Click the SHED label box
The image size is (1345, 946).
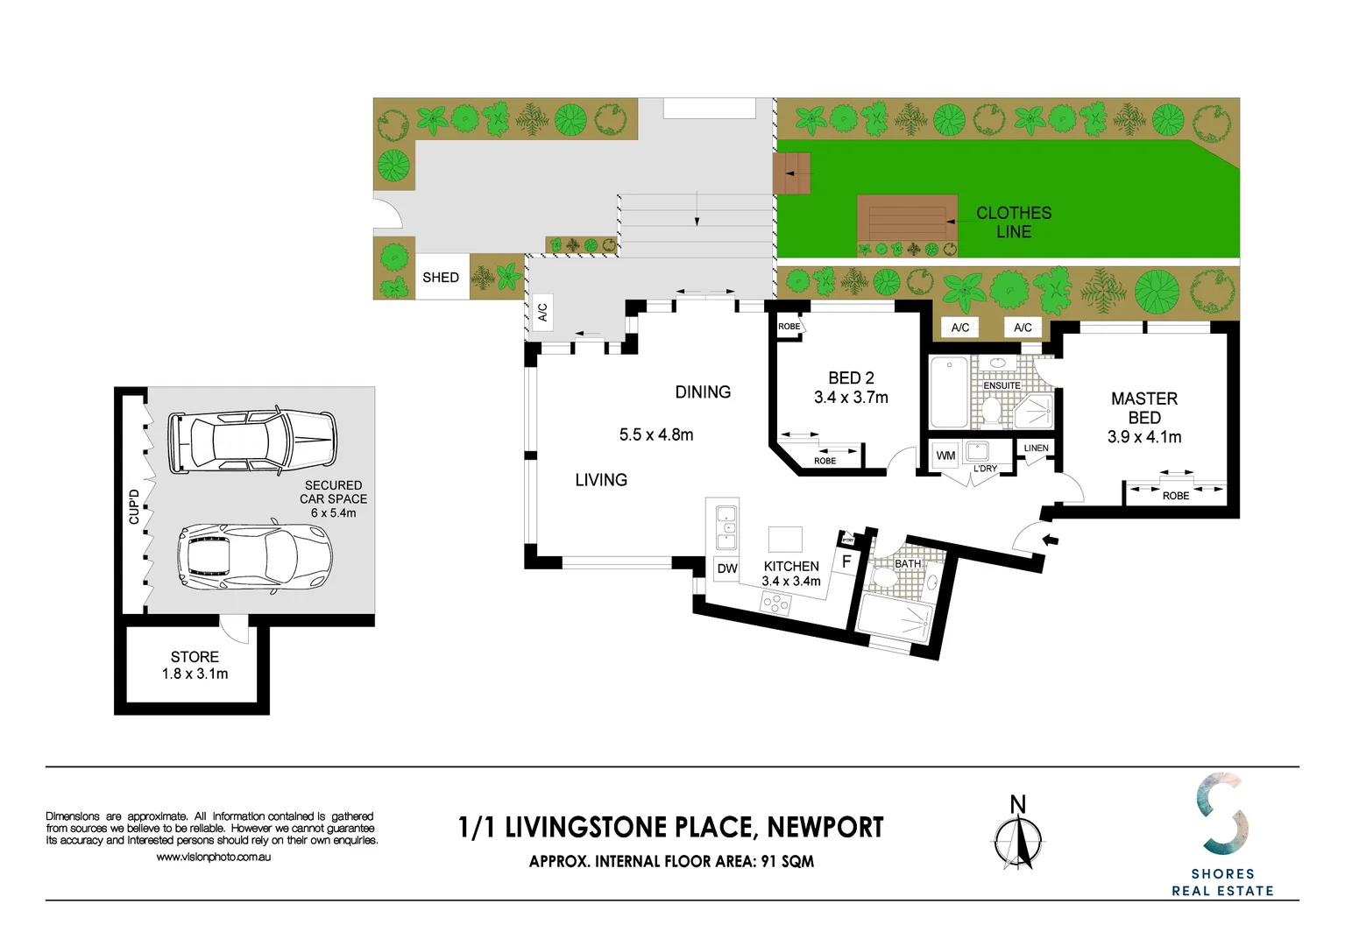click(x=441, y=278)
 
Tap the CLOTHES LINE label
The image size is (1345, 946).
click(x=1014, y=222)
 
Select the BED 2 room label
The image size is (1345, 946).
click(x=851, y=378)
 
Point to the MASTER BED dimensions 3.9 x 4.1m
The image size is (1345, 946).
click(x=1144, y=437)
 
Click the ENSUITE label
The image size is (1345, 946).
click(x=1002, y=385)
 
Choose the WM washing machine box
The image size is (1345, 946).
click(x=945, y=455)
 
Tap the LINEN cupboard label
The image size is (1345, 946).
click(x=1036, y=448)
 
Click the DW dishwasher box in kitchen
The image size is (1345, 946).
click(x=727, y=568)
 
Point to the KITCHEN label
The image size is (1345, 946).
click(x=791, y=567)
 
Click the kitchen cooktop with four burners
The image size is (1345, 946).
click(x=776, y=603)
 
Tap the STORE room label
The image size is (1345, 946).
click(x=195, y=657)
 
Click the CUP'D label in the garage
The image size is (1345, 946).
click(x=134, y=506)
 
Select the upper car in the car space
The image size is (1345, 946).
click(x=252, y=440)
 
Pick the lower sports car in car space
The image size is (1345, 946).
click(x=255, y=556)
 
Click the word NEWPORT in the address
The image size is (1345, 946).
click(x=825, y=828)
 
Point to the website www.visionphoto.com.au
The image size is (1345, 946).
click(x=213, y=857)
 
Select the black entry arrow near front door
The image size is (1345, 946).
click(x=1050, y=540)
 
